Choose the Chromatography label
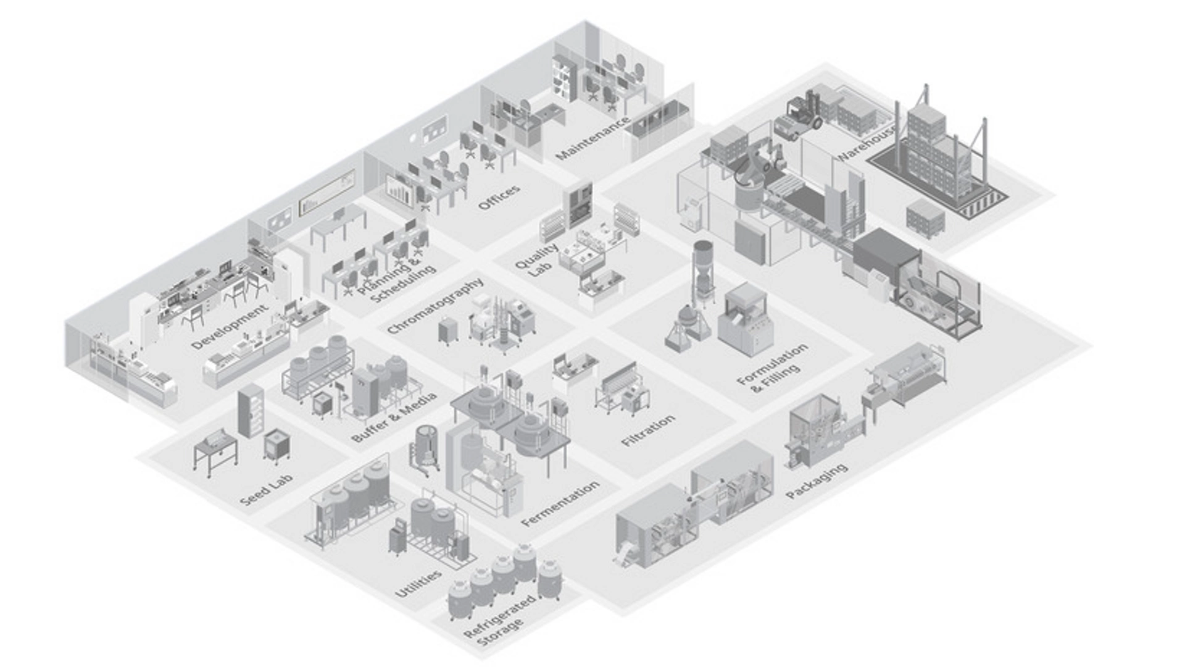point(435,306)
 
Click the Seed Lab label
point(266,490)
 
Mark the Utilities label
point(418,583)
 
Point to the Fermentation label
point(560,503)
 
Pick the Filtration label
point(647,430)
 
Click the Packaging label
point(816,480)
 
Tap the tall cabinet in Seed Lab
point(251,411)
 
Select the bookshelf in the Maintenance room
point(563,78)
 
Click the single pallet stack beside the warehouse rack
point(925,218)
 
